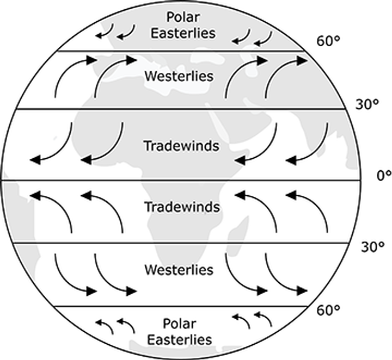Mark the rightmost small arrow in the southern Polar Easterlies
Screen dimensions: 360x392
[x=264, y=319]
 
